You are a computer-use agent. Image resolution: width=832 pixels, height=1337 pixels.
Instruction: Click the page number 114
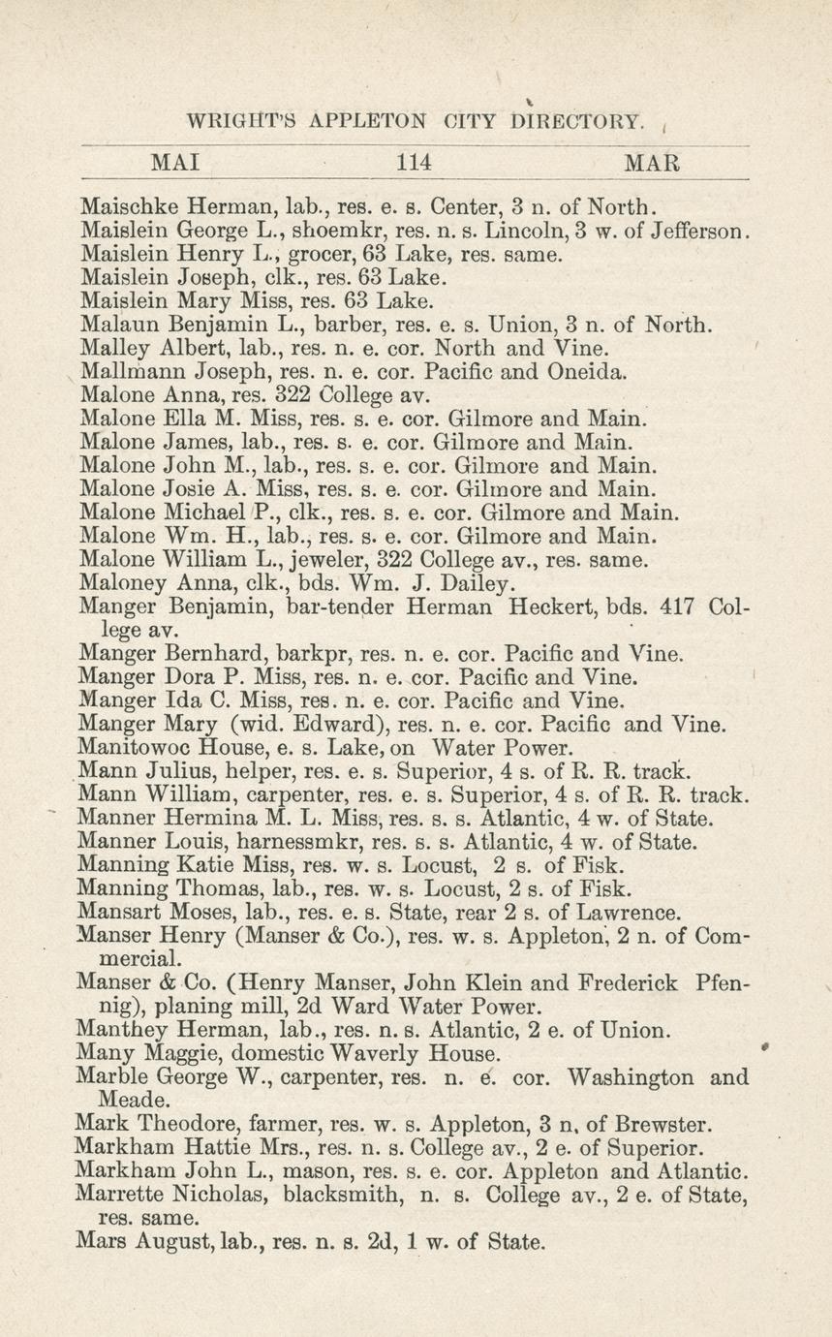tap(414, 163)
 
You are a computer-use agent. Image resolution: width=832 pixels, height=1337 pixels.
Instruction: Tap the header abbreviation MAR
tap(653, 163)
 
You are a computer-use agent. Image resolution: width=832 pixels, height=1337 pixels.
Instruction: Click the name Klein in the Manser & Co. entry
tap(498, 982)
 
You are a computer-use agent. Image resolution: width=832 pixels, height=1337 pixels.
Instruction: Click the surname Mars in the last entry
tap(101, 1241)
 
